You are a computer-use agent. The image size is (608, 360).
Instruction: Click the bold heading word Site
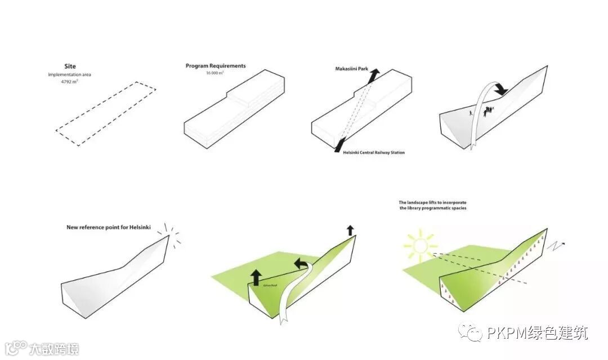[70, 66]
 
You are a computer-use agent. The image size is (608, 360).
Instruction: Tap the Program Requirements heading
[216, 66]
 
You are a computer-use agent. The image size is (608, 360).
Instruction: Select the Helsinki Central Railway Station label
[374, 153]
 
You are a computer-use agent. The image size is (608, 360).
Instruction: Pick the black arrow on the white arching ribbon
[499, 88]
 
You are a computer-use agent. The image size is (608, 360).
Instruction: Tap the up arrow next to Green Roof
[256, 277]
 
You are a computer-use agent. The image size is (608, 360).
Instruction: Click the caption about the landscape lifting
[432, 205]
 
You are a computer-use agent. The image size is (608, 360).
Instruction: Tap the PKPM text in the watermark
[506, 333]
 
